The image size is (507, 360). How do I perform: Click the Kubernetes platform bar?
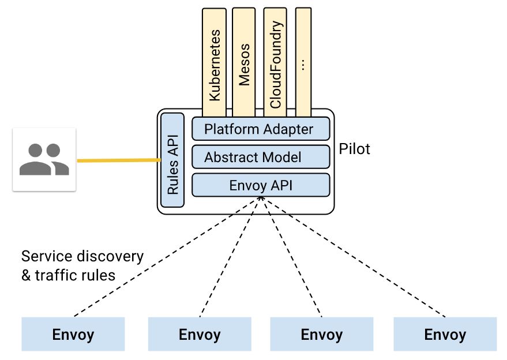click(x=214, y=62)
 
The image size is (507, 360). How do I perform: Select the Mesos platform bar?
click(x=244, y=62)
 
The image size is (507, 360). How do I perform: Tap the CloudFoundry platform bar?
click(x=275, y=62)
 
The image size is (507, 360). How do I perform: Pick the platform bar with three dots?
click(x=303, y=62)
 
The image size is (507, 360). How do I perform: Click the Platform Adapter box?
click(x=261, y=129)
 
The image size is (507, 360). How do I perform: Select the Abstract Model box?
click(x=261, y=157)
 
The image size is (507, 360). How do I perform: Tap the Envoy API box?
click(x=261, y=185)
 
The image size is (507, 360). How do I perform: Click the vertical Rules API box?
click(x=172, y=160)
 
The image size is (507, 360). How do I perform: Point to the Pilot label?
click(x=354, y=149)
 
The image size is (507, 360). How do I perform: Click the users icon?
click(x=44, y=159)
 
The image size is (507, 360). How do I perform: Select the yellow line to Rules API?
click(x=119, y=160)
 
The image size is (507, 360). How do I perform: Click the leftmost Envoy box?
click(x=73, y=334)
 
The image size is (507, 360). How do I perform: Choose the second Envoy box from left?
click(x=200, y=334)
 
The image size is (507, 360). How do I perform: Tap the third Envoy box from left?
click(x=322, y=334)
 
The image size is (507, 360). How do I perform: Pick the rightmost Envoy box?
click(x=445, y=334)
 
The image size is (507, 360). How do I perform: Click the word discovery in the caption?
click(x=112, y=257)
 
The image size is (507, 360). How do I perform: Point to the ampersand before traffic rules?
click(x=26, y=276)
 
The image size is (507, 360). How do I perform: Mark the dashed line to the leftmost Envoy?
click(x=167, y=257)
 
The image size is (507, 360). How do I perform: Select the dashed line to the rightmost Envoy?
click(x=353, y=257)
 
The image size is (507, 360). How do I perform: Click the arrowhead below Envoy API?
click(x=261, y=198)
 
